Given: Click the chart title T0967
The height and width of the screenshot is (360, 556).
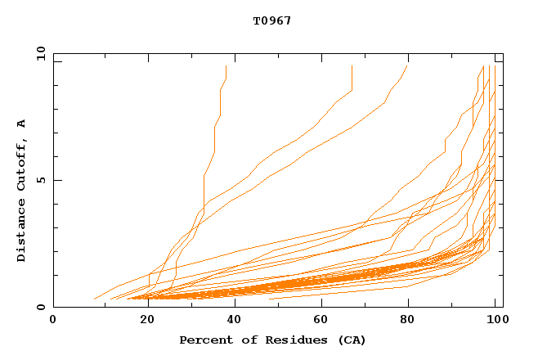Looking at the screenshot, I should (272, 20).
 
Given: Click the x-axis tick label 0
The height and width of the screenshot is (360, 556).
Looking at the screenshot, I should (53, 320).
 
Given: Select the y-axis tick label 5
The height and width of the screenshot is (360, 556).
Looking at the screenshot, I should (41, 180).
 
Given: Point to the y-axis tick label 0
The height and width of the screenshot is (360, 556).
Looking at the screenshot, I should (41, 307).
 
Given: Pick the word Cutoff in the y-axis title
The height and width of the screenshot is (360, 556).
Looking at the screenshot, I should (22, 166).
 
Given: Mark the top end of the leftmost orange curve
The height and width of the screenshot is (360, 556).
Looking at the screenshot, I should (226, 66).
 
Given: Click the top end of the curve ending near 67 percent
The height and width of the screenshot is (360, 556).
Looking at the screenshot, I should (352, 66).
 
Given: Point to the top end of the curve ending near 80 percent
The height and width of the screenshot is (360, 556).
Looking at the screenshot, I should (407, 66).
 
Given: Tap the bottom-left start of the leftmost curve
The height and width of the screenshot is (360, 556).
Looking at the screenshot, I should (94, 299).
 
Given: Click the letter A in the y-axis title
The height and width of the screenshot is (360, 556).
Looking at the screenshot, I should (22, 124).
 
